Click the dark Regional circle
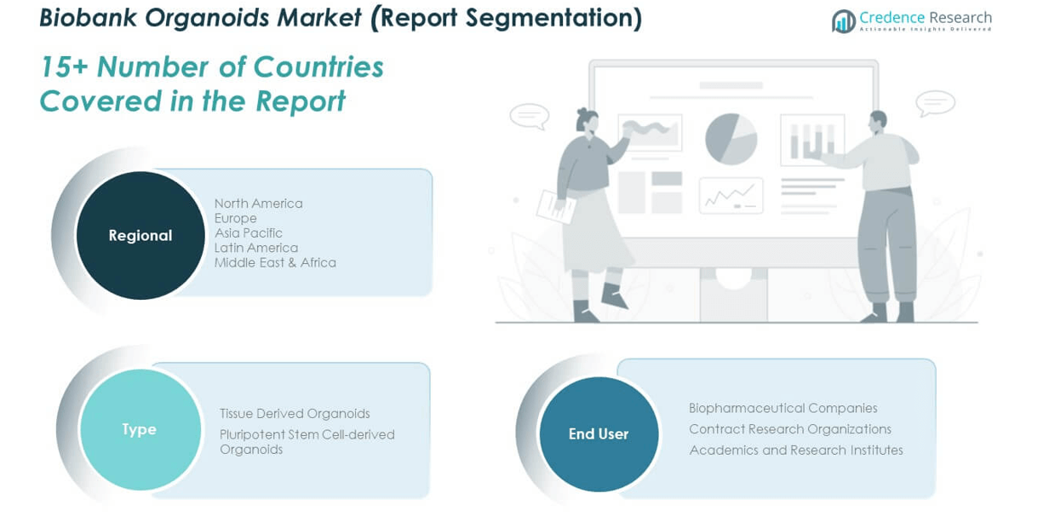(x=140, y=235)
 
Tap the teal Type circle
(x=140, y=429)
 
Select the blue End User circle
(x=599, y=434)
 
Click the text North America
(x=259, y=204)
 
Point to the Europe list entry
(x=236, y=218)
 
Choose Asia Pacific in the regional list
(x=249, y=232)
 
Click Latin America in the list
(x=256, y=248)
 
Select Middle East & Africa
(x=275, y=262)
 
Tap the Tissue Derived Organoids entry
(x=295, y=413)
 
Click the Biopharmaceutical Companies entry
(x=783, y=408)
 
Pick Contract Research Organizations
(x=790, y=429)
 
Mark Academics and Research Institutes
(x=796, y=451)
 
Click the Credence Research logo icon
(x=844, y=21)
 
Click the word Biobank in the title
(x=88, y=18)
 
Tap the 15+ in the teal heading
(x=64, y=66)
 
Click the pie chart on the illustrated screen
(x=731, y=139)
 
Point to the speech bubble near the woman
(x=530, y=116)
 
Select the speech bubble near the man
(x=935, y=103)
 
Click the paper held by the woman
(x=556, y=207)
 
